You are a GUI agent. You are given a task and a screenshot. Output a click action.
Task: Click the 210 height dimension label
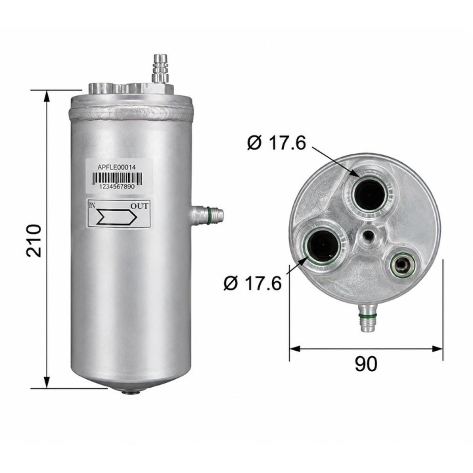point(34,240)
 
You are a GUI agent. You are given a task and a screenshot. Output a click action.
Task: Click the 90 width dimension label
point(366,364)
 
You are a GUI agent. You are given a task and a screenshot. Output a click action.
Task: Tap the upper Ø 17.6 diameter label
point(277,143)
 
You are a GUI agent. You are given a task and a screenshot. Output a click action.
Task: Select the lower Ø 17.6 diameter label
point(252,283)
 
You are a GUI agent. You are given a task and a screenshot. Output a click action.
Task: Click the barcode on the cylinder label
point(117,178)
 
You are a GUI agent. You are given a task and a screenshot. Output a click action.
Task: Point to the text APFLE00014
point(117,167)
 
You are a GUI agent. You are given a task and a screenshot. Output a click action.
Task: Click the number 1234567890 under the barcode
point(117,187)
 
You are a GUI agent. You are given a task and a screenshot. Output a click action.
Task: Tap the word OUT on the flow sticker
point(139,206)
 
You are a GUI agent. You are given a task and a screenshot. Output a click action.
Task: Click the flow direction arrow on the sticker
point(117,217)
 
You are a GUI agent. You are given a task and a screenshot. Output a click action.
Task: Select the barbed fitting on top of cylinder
point(160,68)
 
